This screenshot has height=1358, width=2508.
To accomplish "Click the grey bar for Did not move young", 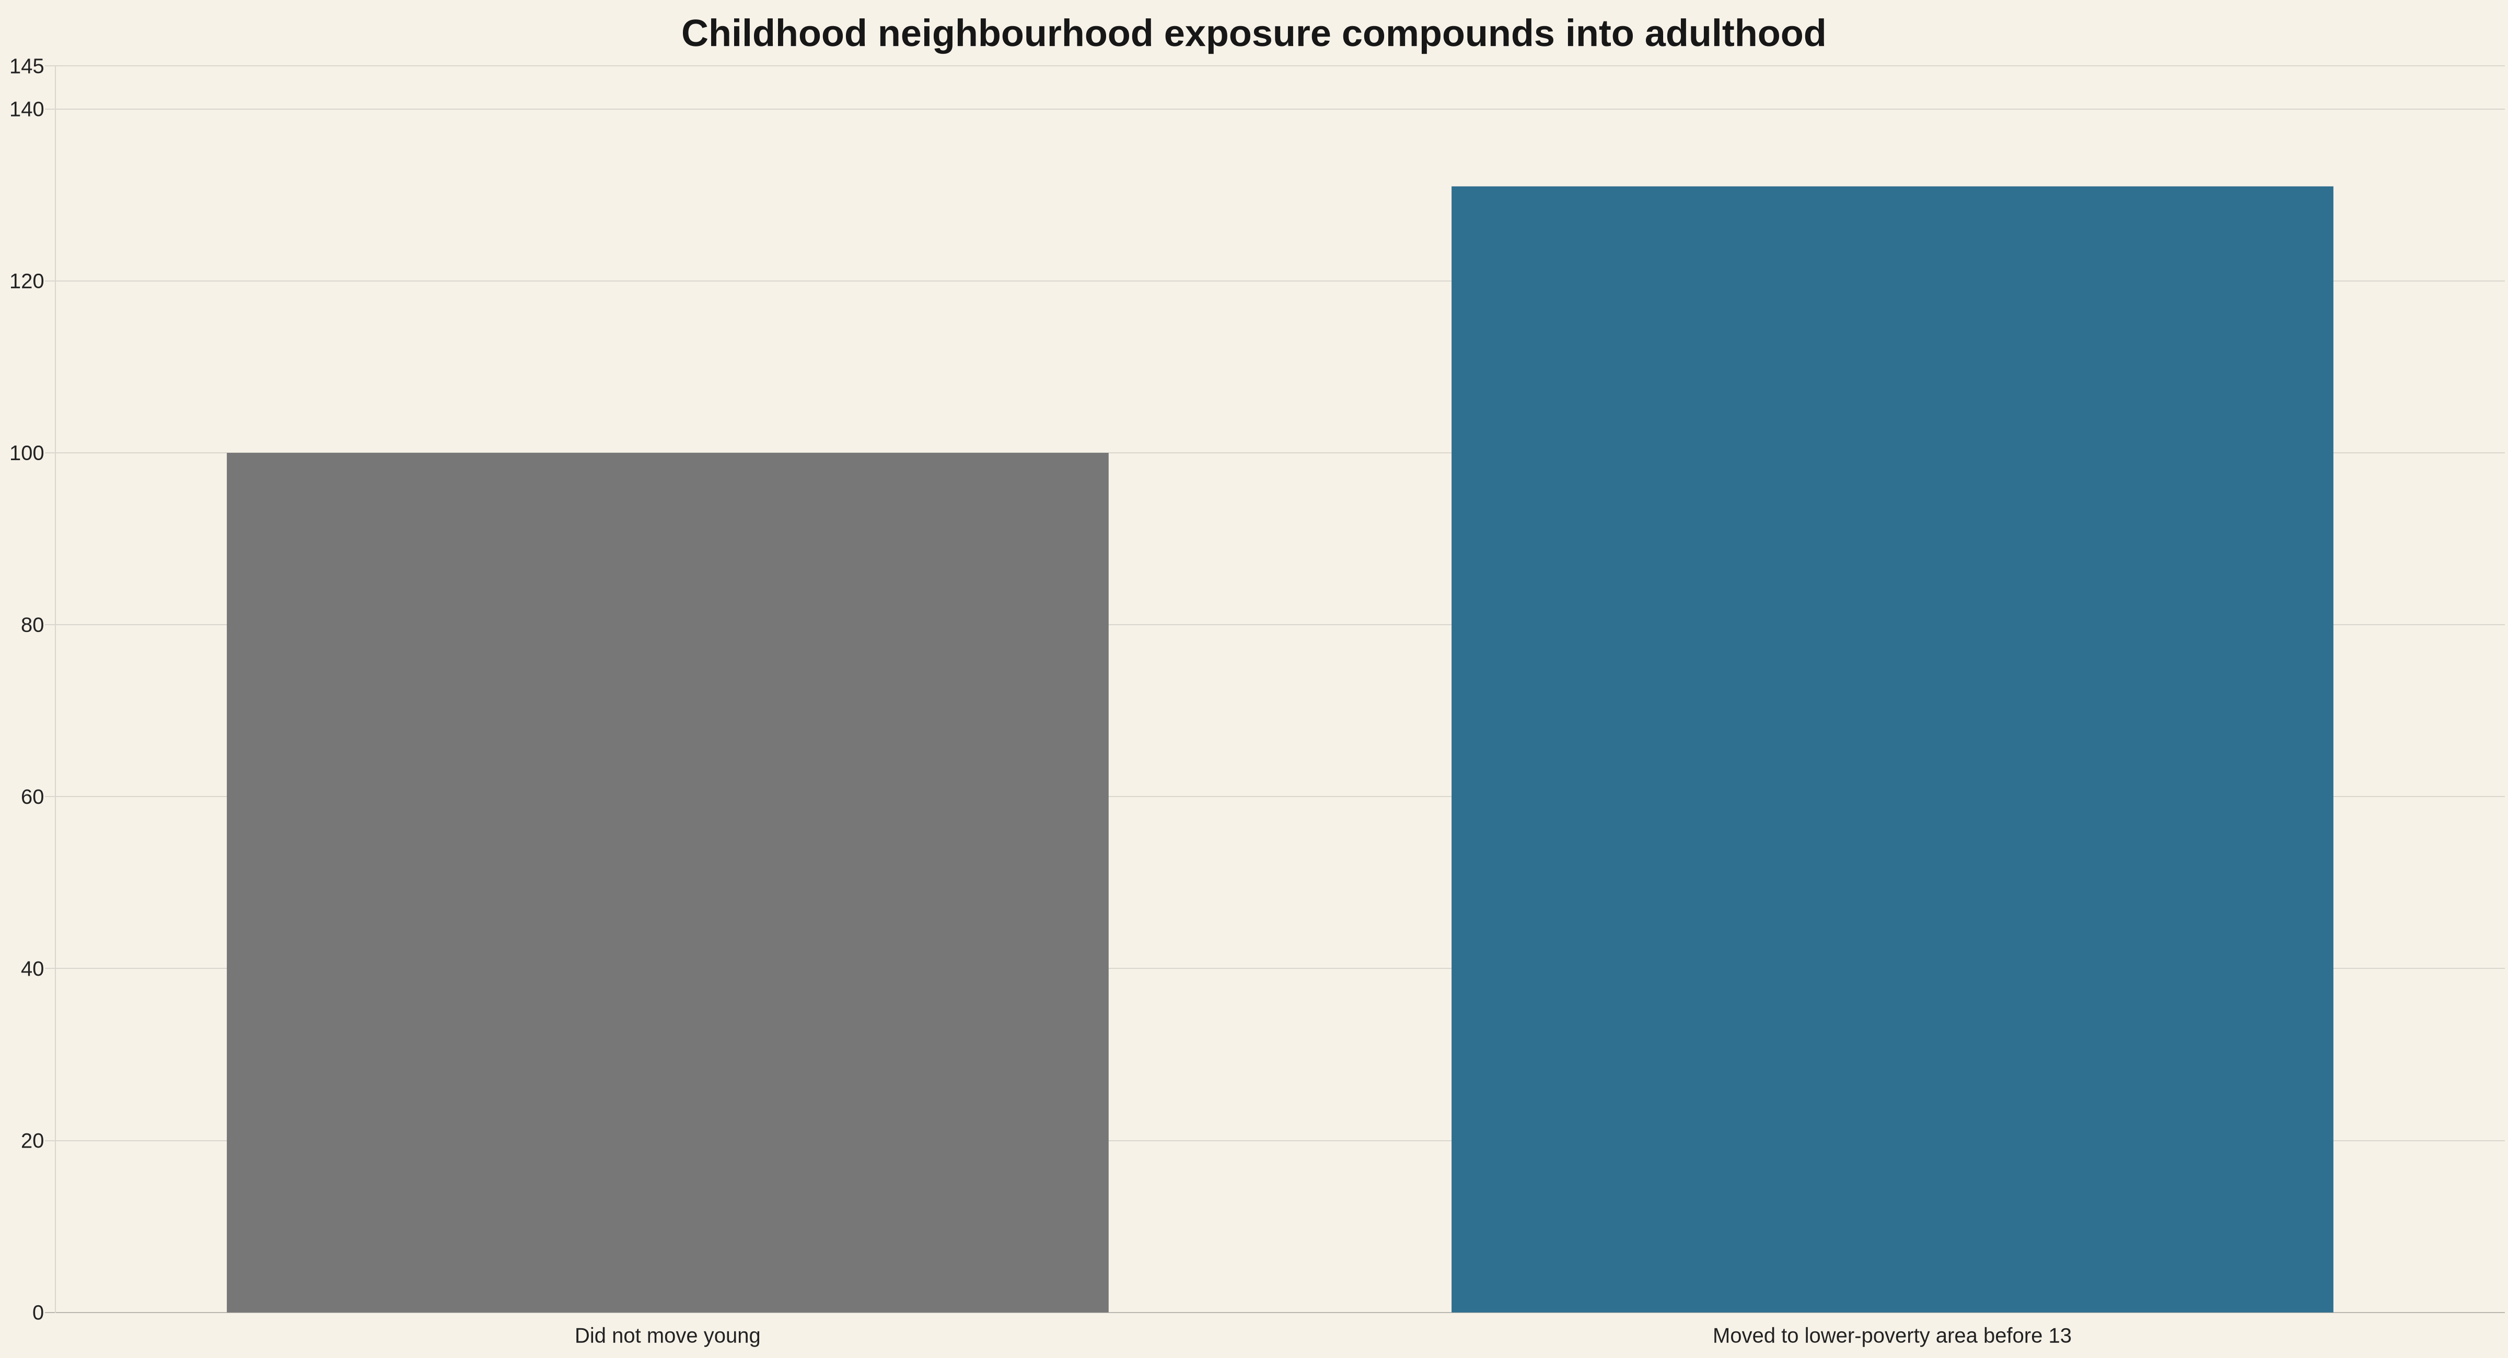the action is click(667, 882).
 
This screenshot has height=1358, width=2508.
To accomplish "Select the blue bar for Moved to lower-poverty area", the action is click(1891, 748).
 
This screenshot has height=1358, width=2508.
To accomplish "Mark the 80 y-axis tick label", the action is click(32, 625).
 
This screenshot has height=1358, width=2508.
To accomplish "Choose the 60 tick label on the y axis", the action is click(32, 797).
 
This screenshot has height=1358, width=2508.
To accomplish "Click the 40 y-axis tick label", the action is click(32, 968).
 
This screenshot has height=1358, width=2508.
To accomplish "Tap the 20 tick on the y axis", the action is click(32, 1140).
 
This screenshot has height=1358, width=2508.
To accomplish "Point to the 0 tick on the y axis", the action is click(38, 1312).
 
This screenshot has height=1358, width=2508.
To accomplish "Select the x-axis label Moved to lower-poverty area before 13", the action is click(1891, 1336).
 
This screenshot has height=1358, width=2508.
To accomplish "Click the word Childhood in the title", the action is click(774, 34).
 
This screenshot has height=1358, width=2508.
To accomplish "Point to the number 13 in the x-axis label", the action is click(2060, 1336).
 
